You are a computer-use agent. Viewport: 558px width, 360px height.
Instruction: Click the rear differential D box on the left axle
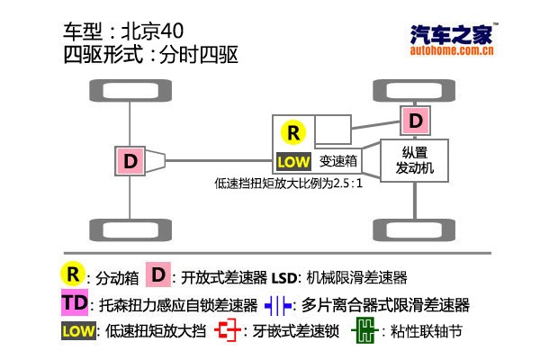[x=130, y=161]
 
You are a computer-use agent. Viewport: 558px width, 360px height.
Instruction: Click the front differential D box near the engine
[x=415, y=120]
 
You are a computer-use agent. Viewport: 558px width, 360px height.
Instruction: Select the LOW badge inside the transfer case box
[x=293, y=162]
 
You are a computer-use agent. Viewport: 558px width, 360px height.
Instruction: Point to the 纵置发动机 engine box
[x=416, y=160]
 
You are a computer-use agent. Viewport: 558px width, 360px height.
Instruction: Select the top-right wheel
[x=414, y=90]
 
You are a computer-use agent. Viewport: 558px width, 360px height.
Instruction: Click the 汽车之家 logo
[x=450, y=35]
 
